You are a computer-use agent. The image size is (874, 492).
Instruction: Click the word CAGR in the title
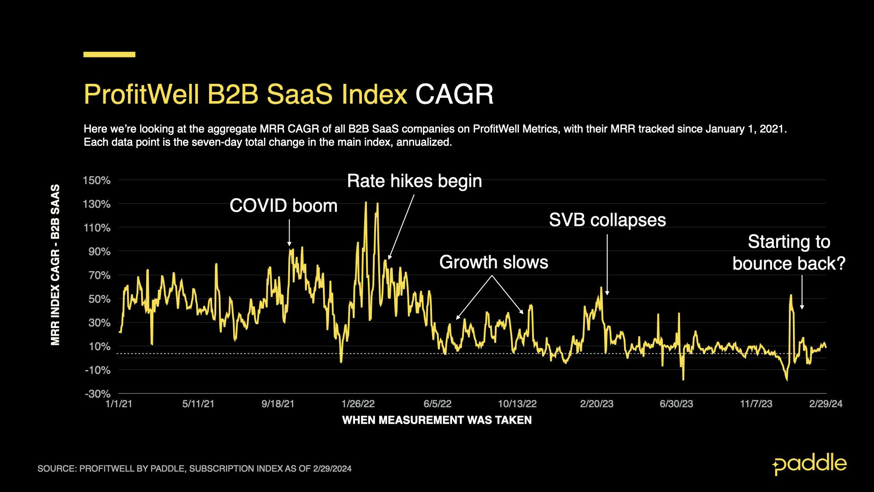coord(454,94)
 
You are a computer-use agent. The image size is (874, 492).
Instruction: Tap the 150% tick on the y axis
coord(97,180)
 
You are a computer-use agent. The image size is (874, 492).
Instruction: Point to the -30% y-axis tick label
coord(97,394)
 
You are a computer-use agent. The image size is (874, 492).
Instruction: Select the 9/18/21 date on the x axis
coord(278,404)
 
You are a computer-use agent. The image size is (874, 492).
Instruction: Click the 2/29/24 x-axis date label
coord(826,404)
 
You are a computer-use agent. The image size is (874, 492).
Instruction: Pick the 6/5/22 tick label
coord(437,404)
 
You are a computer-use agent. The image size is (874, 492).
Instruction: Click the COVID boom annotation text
coord(283,206)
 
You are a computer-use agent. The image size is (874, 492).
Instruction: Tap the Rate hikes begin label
coord(414,181)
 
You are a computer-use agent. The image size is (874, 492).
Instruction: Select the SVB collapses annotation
coord(607,220)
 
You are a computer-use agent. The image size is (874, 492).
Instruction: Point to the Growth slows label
coord(493,262)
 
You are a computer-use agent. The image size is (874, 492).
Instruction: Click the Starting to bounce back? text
coord(789,253)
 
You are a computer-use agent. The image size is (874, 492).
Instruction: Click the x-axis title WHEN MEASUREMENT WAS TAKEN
coord(437,420)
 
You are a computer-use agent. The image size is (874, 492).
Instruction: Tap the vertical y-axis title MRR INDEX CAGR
coord(56,265)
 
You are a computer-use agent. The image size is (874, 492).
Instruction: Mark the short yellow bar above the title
coord(109,55)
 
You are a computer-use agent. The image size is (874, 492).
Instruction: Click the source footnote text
coord(194,469)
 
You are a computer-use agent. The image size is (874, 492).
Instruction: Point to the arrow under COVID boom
coord(289,233)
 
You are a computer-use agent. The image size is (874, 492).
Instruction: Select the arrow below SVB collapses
coord(607,265)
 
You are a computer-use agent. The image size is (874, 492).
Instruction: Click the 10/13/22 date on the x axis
coord(517,404)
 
